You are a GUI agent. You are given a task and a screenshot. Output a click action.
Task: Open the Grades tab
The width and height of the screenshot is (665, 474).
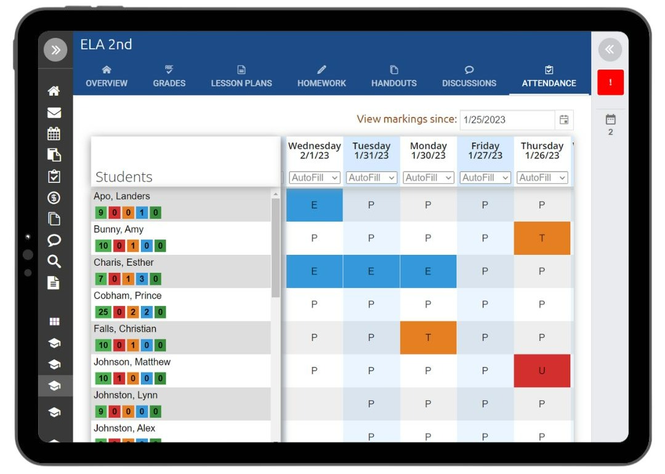point(169,76)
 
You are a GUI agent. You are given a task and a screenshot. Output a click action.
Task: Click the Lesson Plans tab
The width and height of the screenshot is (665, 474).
point(241,76)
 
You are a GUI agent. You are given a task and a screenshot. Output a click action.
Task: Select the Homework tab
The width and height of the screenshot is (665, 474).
point(321,76)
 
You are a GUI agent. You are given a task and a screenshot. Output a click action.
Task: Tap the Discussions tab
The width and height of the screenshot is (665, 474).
point(469,76)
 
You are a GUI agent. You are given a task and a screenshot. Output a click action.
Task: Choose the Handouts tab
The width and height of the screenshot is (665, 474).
point(394,76)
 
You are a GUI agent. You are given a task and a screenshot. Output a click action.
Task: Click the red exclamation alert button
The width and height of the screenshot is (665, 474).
point(610,82)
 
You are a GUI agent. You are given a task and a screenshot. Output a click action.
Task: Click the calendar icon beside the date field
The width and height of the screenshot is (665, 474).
point(564,119)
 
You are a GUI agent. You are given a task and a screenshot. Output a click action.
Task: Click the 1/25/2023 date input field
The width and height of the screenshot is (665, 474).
point(507,119)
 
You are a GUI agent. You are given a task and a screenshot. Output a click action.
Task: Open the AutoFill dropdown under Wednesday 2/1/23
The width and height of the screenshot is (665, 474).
point(314,178)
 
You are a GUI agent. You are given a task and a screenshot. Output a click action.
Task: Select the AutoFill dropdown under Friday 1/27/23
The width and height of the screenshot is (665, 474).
point(485,178)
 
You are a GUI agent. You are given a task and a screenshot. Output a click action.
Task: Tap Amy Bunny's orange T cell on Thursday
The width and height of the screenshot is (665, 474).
point(542,238)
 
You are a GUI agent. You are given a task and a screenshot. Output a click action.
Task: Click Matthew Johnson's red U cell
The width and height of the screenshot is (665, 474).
point(542,371)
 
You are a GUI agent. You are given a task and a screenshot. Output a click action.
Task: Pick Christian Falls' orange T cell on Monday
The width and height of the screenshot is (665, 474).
point(429,337)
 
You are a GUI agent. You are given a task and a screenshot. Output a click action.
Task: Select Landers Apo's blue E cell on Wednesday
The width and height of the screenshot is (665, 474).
point(314,205)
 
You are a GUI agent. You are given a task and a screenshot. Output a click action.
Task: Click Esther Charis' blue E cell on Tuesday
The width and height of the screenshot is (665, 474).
point(371,271)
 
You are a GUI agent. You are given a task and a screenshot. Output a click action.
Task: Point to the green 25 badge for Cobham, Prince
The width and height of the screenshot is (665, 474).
point(103,312)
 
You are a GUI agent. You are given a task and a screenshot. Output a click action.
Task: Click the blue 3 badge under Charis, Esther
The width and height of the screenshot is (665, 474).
point(142,279)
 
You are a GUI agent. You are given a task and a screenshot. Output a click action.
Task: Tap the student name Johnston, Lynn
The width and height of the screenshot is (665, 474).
point(126,395)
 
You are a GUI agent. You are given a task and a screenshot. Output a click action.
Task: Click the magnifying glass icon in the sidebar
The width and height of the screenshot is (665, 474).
point(54,261)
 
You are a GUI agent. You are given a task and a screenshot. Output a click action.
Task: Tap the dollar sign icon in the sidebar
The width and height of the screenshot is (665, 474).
point(54,198)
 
